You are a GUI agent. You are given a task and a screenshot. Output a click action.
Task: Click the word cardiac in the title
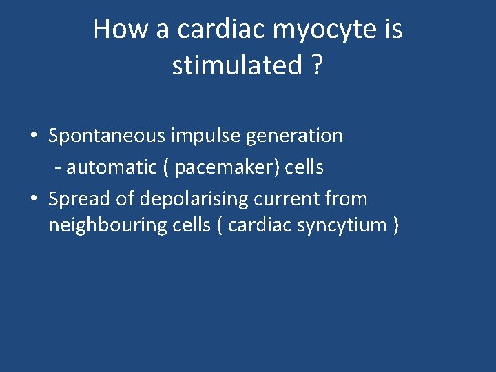[225, 30]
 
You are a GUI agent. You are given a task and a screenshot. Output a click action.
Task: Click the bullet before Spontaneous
[34, 136]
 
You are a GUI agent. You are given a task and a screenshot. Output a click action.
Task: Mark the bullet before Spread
[34, 199]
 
